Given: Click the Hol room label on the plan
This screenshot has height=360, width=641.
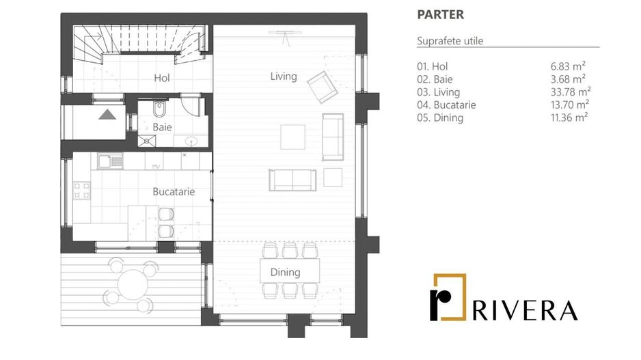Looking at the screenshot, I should click(162, 79).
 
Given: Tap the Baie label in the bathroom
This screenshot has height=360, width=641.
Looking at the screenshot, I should click(162, 127).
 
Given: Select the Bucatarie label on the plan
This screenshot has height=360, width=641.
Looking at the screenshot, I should click(174, 192).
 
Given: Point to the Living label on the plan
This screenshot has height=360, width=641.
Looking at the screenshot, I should click(284, 77).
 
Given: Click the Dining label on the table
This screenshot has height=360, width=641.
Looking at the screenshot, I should click(285, 273).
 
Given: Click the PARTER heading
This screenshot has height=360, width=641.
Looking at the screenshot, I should click(440, 14).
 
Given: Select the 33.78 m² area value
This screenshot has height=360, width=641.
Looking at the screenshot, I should click(570, 92).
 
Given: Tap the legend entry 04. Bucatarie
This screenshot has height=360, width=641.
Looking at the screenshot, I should click(446, 105).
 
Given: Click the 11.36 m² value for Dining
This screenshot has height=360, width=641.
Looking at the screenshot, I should click(569, 117).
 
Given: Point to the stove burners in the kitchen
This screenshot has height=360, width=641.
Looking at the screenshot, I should click(82, 190).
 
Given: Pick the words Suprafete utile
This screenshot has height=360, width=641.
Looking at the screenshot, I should click(450, 41).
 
